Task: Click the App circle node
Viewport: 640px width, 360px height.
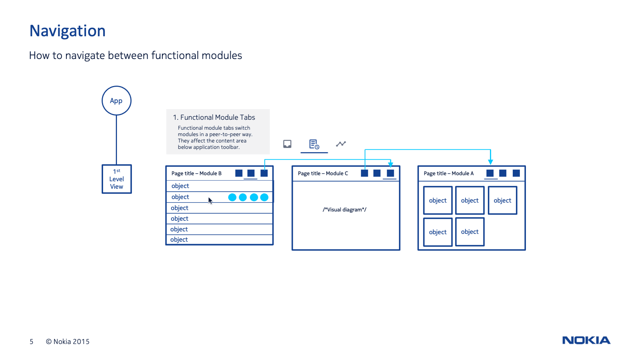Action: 116,101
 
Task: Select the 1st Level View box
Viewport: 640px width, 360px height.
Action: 117,179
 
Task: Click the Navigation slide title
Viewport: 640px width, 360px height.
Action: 68,31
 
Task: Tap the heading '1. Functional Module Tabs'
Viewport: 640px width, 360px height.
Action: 214,117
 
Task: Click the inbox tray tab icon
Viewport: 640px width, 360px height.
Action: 287,144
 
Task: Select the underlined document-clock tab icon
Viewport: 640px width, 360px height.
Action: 314,144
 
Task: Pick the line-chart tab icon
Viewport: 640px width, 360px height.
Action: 341,144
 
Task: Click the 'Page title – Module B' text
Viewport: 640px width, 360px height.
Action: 196,173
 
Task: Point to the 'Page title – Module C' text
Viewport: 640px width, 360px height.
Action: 323,173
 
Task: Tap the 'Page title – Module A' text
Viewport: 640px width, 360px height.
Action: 448,173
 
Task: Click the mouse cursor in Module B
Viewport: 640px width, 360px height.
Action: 210,201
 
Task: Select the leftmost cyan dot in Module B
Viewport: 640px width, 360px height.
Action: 232,197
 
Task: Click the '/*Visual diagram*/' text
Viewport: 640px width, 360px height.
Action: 344,210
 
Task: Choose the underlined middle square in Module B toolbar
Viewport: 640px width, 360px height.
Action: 251,173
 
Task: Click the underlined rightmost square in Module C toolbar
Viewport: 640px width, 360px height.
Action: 390,173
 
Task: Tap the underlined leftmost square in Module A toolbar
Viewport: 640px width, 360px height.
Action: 490,173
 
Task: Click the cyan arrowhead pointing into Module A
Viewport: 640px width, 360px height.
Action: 490,162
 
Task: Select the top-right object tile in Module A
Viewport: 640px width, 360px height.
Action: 502,200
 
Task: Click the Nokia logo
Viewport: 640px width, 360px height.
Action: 586,340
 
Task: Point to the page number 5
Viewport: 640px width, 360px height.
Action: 31,342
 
